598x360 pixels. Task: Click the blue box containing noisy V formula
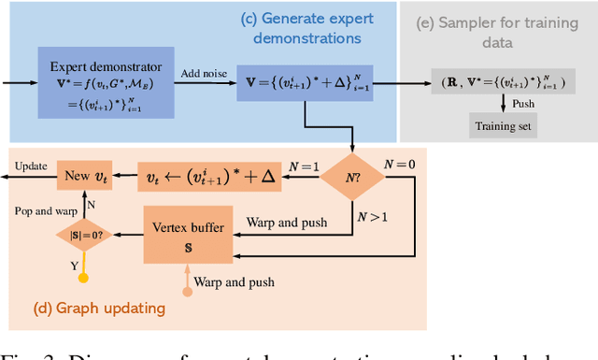(304, 81)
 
